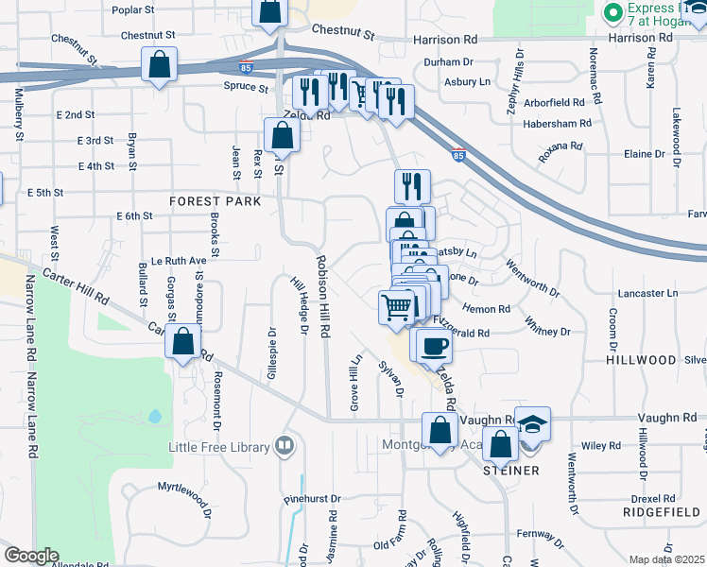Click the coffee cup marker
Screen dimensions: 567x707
[x=434, y=346]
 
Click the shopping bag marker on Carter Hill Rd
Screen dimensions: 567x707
[x=183, y=342]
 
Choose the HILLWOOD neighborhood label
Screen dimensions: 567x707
[x=642, y=360]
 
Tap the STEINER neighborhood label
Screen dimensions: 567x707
[x=511, y=470]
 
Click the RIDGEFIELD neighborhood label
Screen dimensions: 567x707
[x=661, y=511]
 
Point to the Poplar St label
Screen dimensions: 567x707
[x=132, y=9]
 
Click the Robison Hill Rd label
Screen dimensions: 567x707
[x=324, y=297]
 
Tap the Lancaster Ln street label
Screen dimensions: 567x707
[x=647, y=294]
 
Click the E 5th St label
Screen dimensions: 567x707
[x=45, y=192]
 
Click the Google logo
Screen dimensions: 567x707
[x=30, y=556]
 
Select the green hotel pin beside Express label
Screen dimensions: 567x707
[x=612, y=13]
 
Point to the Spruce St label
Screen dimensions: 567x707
[x=246, y=87]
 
